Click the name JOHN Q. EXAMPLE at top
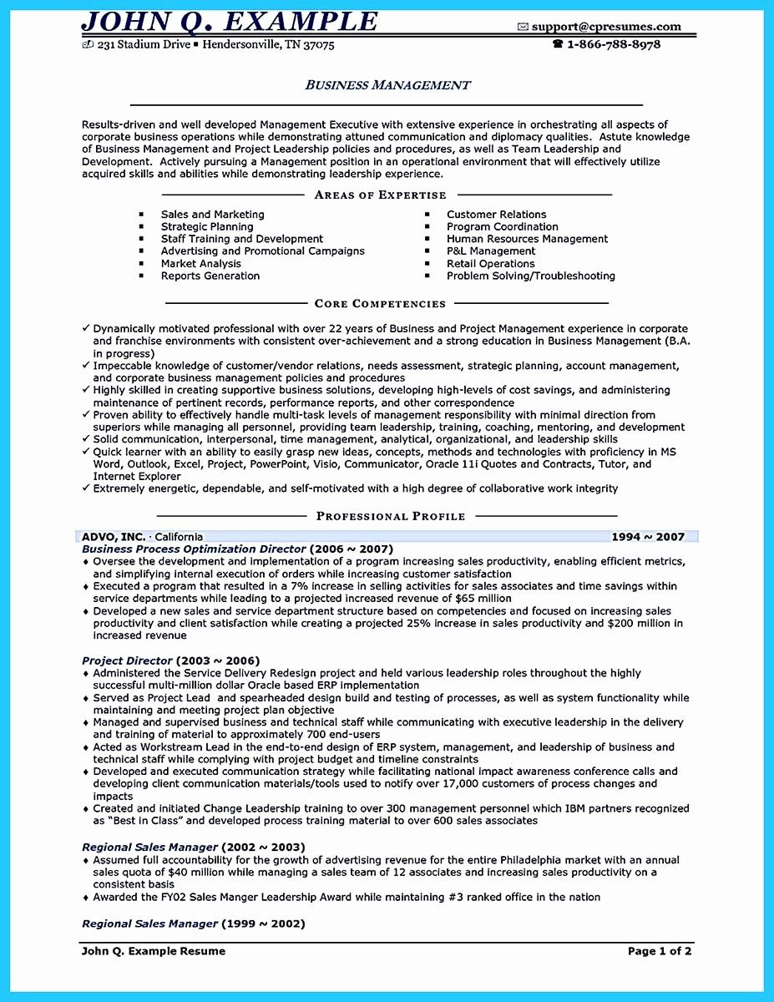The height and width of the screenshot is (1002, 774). [x=230, y=20]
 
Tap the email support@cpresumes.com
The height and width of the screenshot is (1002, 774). [x=606, y=27]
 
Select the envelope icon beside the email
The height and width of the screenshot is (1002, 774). [x=523, y=28]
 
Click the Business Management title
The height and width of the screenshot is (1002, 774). [x=387, y=85]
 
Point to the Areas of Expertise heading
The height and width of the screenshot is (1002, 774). [x=380, y=195]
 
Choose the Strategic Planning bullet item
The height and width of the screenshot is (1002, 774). [x=207, y=226]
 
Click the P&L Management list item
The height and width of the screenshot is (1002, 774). [x=491, y=250]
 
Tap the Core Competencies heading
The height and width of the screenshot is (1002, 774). [x=380, y=304]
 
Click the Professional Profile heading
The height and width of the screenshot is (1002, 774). [x=390, y=517]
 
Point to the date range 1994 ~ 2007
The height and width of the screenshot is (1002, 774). [x=648, y=537]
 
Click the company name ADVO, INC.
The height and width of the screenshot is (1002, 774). [x=114, y=537]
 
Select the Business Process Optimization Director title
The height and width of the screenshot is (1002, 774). [x=194, y=549]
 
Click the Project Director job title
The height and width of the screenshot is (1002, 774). [x=127, y=660]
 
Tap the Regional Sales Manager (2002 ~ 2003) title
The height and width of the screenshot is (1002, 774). [x=193, y=847]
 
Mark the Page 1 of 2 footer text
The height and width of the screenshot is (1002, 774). [x=660, y=950]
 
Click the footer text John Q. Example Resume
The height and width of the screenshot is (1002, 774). [x=154, y=950]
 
